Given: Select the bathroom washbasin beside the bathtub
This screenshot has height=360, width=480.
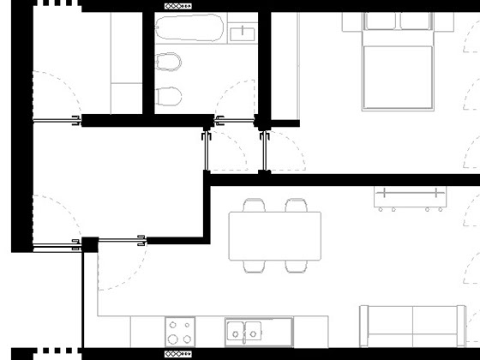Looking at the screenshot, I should (x=242, y=33).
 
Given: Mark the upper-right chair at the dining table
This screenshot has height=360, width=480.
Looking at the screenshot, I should (x=297, y=207).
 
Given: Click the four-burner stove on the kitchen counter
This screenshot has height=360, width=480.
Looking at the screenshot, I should (x=180, y=331).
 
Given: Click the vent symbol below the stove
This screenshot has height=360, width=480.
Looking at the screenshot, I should (x=177, y=352).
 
